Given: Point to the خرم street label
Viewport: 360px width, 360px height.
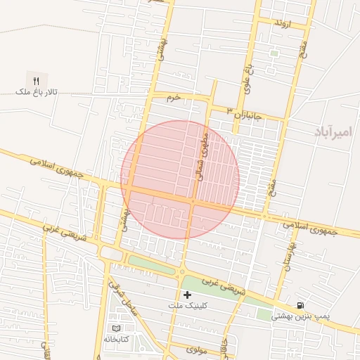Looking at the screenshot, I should [x=174, y=96].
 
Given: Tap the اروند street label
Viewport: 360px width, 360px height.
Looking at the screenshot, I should [x=282, y=23].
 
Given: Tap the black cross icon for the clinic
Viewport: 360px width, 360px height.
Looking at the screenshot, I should [x=187, y=295].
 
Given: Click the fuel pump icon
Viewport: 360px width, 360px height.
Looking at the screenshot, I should [x=301, y=306].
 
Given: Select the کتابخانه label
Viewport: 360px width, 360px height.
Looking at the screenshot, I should [x=117, y=339].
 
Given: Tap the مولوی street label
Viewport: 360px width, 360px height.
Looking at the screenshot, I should [x=197, y=349].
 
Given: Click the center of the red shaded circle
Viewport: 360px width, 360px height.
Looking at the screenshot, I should [x=180, y=180].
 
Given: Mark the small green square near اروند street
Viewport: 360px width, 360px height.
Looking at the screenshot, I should [x=274, y=53].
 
